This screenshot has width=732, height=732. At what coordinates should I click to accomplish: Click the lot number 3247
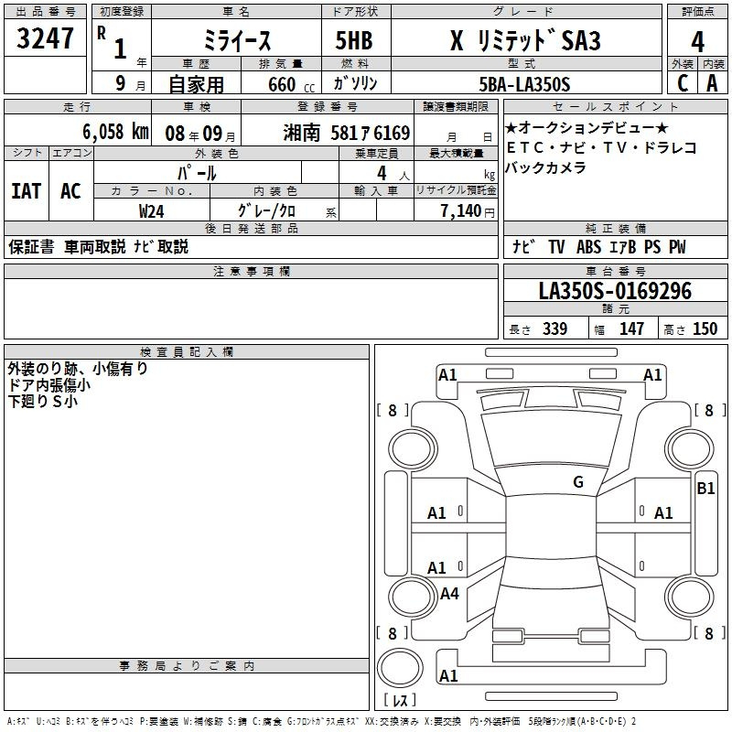(x=45, y=38)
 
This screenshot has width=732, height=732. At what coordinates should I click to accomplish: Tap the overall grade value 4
(x=697, y=42)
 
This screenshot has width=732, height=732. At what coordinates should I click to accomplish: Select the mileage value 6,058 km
(x=115, y=132)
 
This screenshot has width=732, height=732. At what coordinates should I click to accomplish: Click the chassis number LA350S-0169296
(x=615, y=291)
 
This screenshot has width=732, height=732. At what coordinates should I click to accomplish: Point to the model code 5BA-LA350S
(x=524, y=84)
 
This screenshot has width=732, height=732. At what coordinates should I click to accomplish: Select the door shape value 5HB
(x=354, y=40)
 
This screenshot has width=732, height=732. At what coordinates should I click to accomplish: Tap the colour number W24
(x=151, y=211)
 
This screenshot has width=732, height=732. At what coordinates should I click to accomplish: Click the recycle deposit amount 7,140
(x=461, y=211)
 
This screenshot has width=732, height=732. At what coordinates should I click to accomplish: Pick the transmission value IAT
(x=27, y=191)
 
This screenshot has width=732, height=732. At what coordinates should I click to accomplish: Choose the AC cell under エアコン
(x=71, y=191)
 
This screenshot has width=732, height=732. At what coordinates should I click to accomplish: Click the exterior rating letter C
(x=683, y=83)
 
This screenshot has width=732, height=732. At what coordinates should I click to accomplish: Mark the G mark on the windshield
(x=578, y=482)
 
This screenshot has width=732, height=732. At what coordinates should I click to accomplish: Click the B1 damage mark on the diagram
(x=705, y=489)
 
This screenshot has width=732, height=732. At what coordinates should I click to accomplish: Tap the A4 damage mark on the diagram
(x=449, y=593)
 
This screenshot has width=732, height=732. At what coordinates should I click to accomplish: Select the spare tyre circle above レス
(x=400, y=668)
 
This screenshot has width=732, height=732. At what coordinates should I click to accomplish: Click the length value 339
(x=554, y=328)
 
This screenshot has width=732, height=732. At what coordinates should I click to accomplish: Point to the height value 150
(x=705, y=328)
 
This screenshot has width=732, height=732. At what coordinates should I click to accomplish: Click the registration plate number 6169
(x=392, y=134)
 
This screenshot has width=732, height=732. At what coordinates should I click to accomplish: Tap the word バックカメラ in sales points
(x=545, y=167)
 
